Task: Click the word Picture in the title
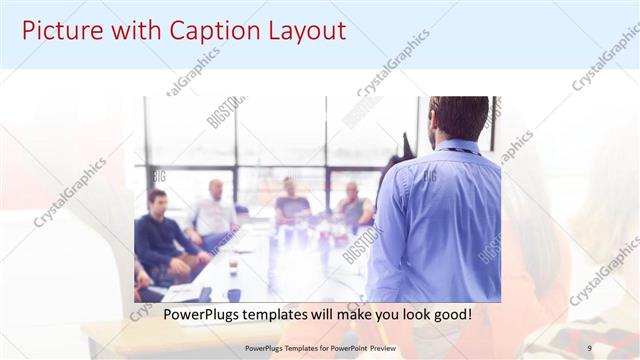[62, 31]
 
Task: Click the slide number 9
[589, 347]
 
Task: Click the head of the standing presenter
[458, 117]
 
